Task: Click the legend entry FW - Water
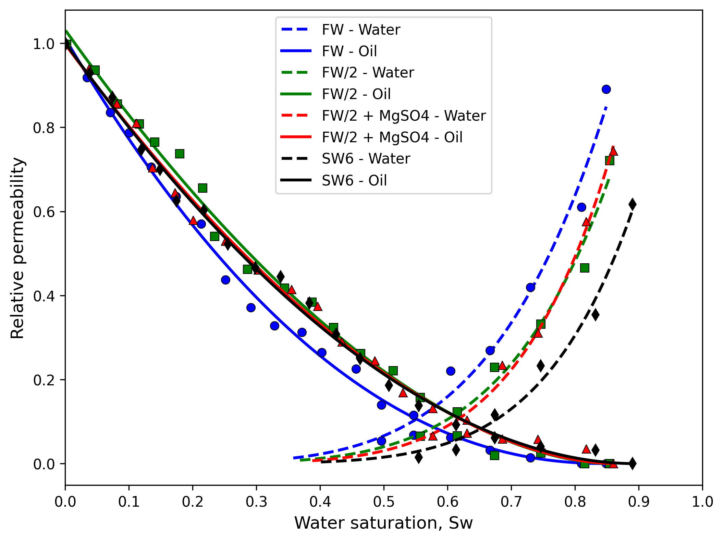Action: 361,30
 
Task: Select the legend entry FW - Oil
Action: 349,51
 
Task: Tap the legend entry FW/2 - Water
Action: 368,73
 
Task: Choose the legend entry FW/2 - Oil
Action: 356,94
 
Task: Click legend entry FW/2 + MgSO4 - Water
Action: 404,116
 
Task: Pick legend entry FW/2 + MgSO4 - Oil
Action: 392,137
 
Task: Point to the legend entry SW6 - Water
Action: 366,159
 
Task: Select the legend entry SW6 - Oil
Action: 354,180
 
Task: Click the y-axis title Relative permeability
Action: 18,248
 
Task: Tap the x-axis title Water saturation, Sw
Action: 383,523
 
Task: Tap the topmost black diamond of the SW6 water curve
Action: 633,204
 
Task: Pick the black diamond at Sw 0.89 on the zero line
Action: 633,463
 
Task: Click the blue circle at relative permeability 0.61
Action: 581,207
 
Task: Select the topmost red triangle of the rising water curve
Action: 613,151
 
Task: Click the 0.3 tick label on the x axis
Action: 256,502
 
